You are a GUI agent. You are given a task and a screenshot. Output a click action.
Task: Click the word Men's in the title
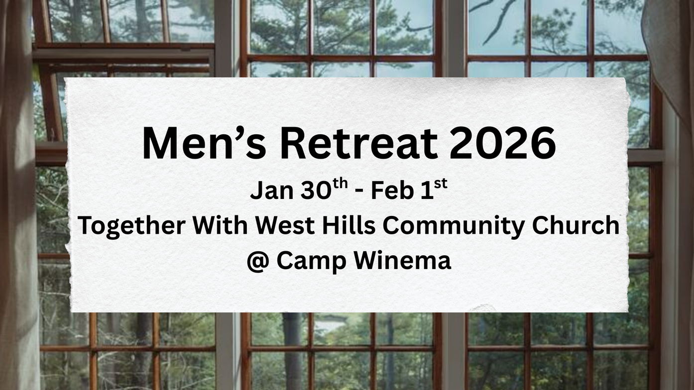(204, 143)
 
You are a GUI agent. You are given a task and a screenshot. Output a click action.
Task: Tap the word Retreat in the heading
(358, 143)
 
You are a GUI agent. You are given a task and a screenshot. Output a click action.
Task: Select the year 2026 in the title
(502, 143)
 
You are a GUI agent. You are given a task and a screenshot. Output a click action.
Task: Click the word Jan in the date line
(272, 191)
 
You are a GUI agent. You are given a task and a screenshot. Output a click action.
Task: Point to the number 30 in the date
(316, 191)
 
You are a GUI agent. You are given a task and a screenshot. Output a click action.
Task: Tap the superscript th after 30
(340, 184)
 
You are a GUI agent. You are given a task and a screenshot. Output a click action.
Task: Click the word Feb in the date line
(392, 191)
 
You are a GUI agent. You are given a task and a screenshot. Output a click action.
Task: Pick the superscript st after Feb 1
(441, 184)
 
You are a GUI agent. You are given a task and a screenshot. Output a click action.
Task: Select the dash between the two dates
(359, 193)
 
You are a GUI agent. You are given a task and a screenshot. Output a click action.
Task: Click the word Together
(131, 226)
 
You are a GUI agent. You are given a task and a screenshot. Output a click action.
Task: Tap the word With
(220, 225)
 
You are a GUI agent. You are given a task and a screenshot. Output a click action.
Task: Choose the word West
(285, 225)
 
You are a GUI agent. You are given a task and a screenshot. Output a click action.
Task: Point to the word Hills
(349, 225)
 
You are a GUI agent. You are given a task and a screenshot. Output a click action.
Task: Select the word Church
(576, 225)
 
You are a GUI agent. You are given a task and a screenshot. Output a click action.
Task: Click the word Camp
(311, 262)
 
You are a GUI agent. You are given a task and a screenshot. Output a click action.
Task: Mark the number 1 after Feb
(427, 191)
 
